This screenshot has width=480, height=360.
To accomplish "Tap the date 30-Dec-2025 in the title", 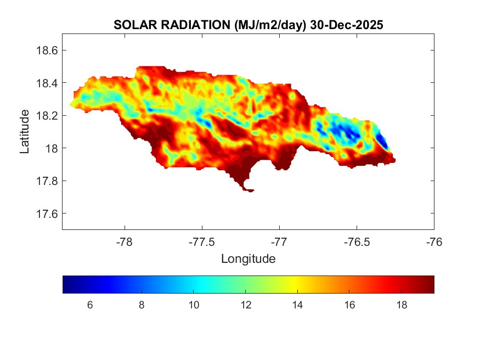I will (x=346, y=25).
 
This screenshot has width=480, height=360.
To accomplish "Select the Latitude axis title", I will (x=25, y=132).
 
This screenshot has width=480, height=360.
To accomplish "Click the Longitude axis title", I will (x=248, y=258).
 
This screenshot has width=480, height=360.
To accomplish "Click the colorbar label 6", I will (x=89, y=305).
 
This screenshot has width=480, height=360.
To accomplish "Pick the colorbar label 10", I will (x=194, y=305).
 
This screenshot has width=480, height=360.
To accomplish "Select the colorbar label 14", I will (x=297, y=305).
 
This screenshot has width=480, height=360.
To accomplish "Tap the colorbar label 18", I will (x=402, y=305).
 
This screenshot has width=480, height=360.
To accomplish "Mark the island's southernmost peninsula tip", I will (x=250, y=191).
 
